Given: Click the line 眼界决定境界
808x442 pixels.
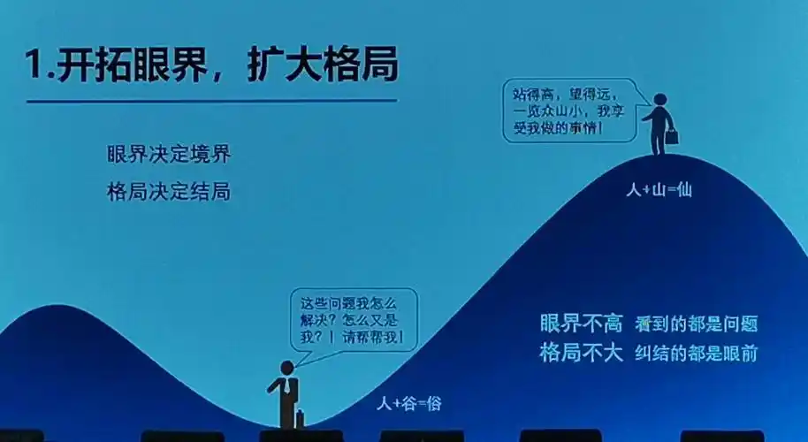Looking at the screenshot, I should pos(168,154).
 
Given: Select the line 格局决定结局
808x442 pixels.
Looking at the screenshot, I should pos(168,191).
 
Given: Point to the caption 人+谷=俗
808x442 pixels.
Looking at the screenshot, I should pos(408,404).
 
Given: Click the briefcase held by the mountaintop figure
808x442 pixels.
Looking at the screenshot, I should pos(673,137).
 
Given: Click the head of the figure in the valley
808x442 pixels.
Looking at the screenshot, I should pos(286,367).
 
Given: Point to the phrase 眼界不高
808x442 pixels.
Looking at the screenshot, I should pos(582,324).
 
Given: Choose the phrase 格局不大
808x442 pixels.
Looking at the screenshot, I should pos(582,353).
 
